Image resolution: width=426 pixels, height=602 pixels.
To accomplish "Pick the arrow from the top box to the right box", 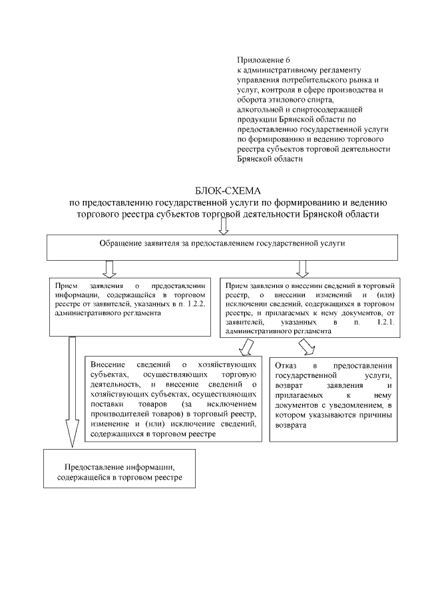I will coord(302,267).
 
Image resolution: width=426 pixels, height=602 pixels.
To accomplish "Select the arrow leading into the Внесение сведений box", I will coord(246,347).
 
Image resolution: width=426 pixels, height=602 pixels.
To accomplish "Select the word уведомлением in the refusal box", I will coord(357,406).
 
